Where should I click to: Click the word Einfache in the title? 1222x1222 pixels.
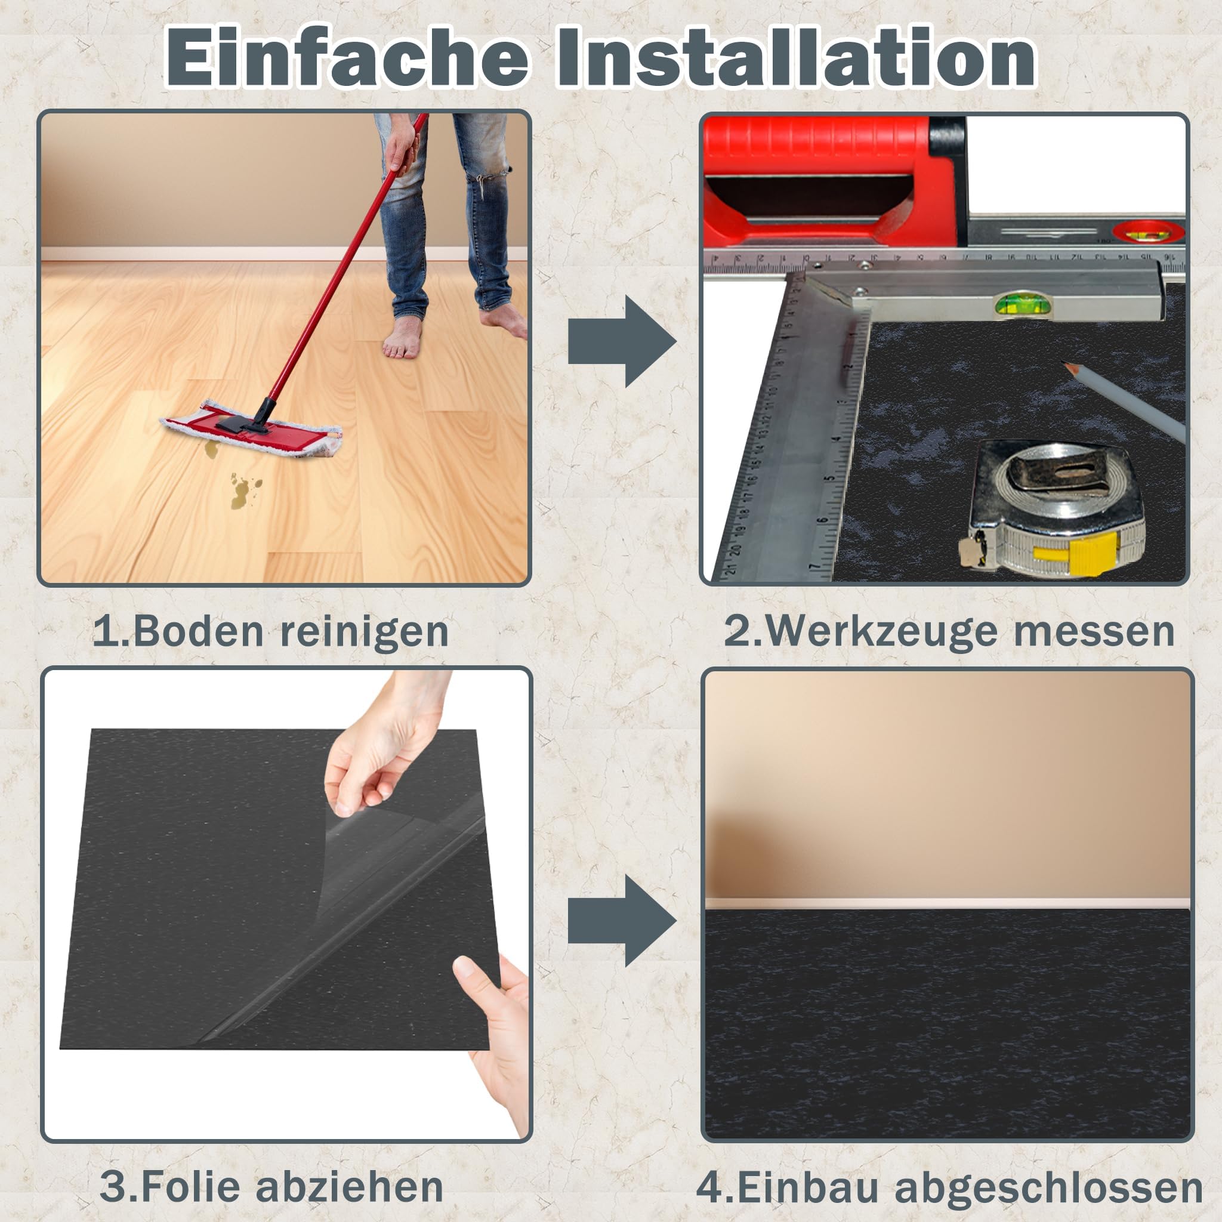[347, 57]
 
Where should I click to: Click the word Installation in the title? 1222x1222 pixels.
[796, 57]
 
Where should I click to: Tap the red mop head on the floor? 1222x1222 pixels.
[251, 429]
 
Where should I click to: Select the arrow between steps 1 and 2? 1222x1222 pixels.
[622, 341]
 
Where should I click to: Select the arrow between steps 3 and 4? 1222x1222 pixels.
[622, 921]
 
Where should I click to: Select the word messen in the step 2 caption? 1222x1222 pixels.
[1094, 631]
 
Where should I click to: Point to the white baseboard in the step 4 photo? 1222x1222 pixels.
[948, 904]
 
